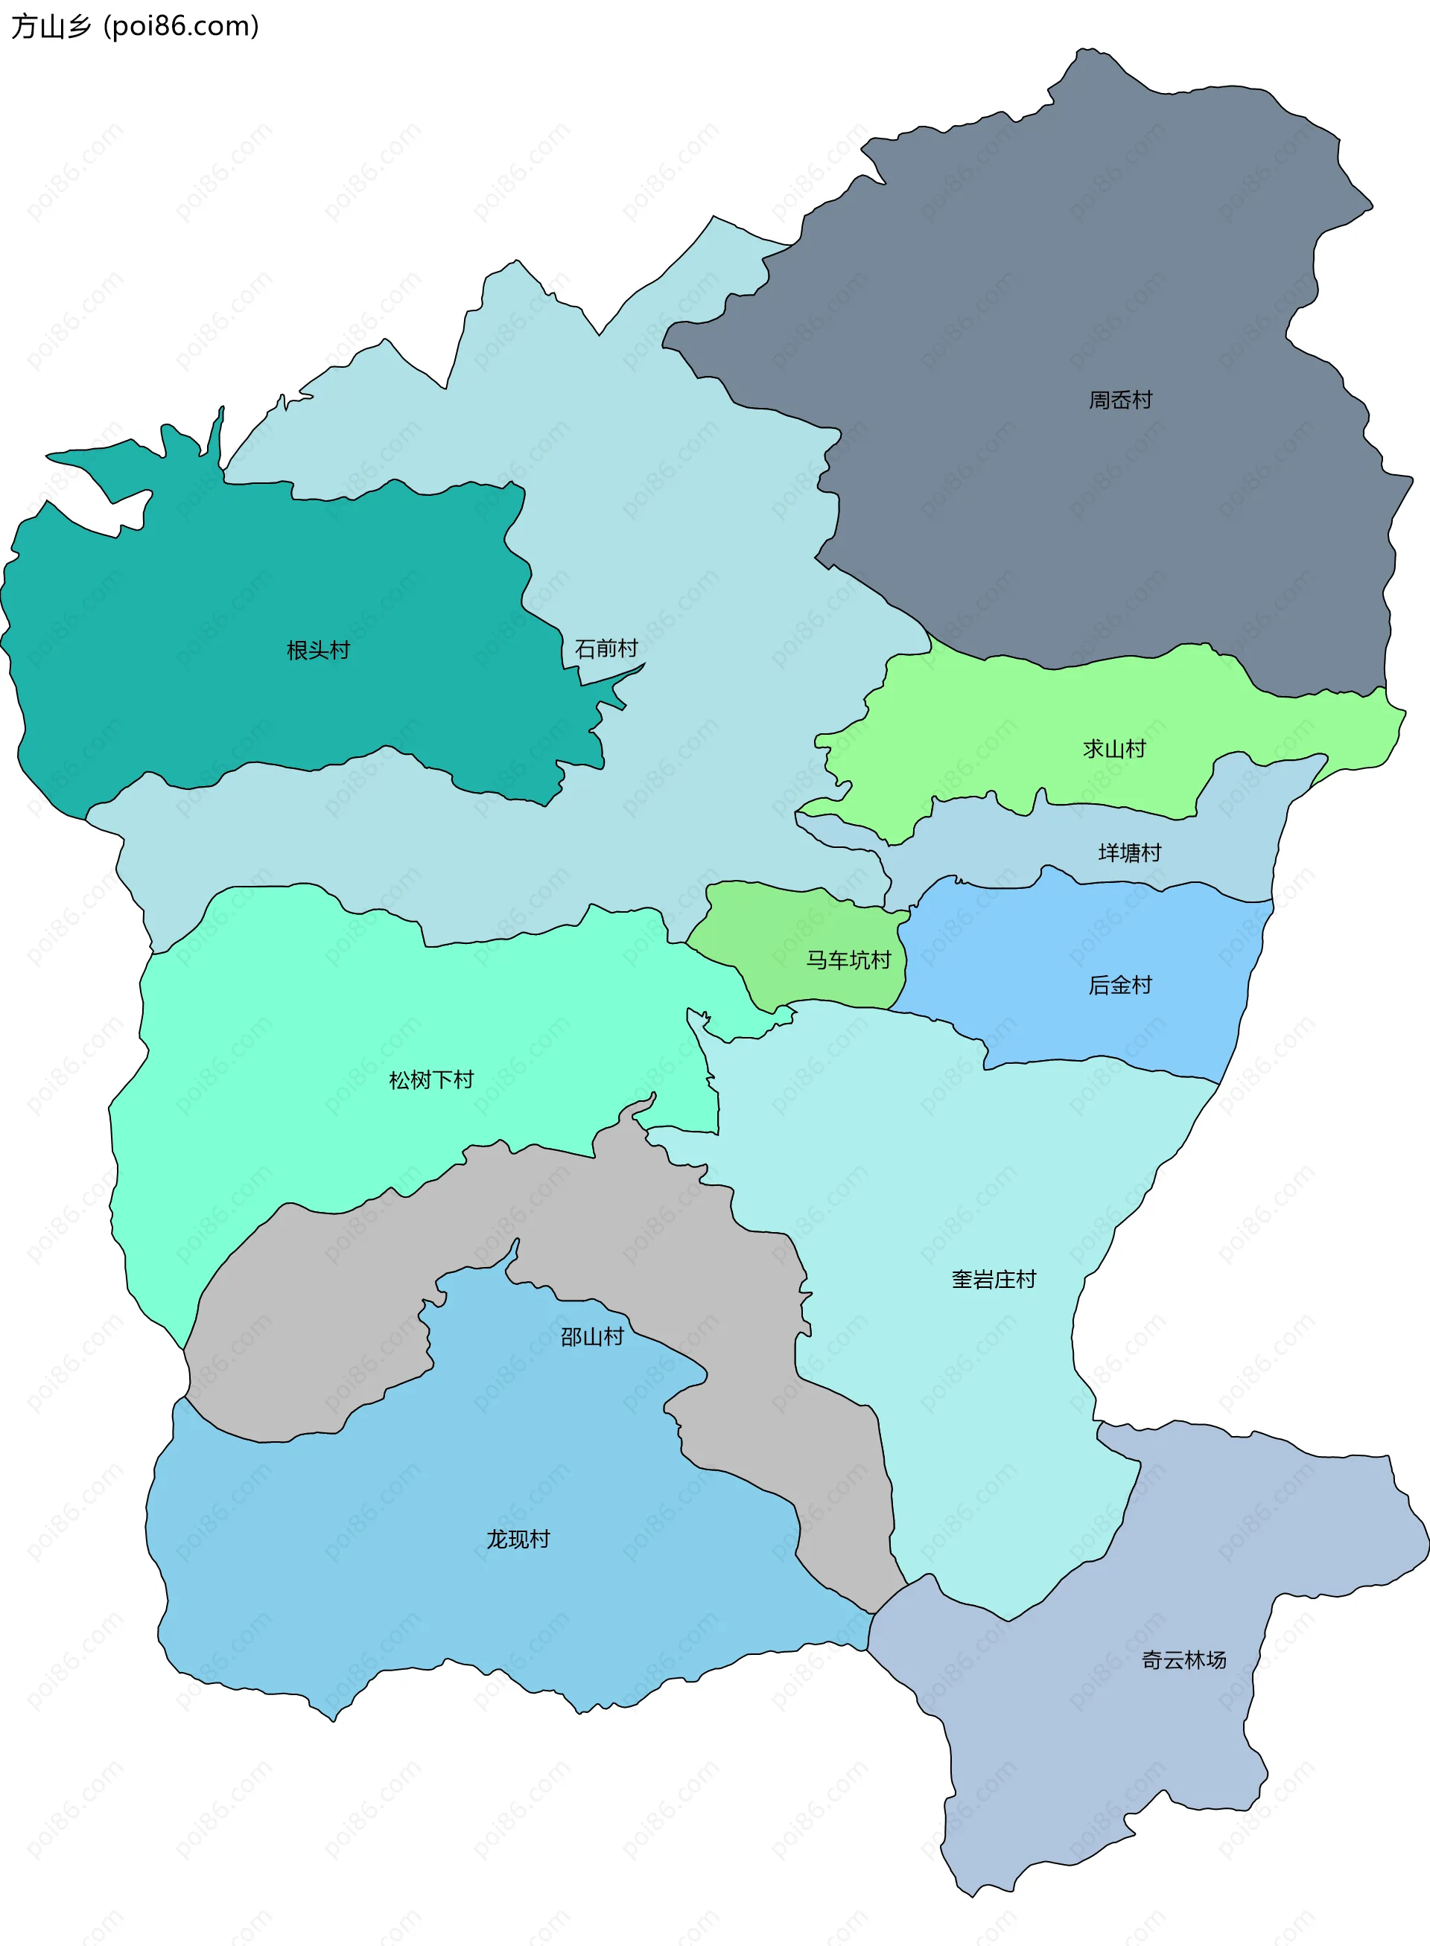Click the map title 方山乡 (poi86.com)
[135, 27]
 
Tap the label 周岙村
[1120, 400]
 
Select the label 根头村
[318, 650]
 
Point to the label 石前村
[606, 648]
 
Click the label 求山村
[1114, 748]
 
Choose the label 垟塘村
[1130, 852]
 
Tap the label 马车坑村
[848, 960]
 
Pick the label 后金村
[1120, 985]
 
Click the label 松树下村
[431, 1080]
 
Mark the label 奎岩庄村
[994, 1279]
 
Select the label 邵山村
[592, 1337]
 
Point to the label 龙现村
[518, 1539]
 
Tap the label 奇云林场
[1183, 1659]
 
